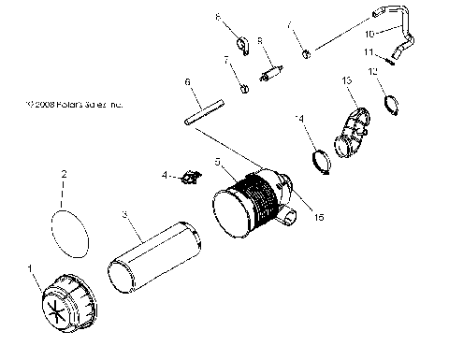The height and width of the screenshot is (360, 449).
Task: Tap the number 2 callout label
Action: pos(63,174)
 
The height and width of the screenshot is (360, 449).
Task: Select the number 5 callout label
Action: pos(217,161)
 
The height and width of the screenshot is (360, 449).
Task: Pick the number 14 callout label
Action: pos(299,118)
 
